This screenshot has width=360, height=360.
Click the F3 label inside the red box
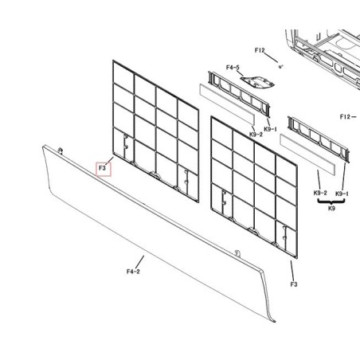102,168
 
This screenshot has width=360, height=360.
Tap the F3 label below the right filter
293,284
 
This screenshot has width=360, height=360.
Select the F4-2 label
133,272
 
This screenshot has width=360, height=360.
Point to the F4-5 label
233,68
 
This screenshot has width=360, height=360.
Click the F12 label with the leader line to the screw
260,50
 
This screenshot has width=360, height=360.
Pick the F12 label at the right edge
345,116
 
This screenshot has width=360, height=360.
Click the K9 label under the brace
331,208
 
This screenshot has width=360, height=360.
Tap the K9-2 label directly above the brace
320,193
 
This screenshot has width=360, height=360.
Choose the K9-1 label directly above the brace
342,194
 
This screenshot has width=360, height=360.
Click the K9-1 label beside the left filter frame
271,129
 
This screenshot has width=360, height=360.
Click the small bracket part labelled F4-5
257,81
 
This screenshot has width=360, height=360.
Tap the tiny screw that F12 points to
280,67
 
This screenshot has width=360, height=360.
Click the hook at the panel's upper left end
61,151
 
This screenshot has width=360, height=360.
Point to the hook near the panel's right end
237,253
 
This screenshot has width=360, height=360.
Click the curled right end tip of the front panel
273,321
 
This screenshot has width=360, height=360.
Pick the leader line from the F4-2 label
139,262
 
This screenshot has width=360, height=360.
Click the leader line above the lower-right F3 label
292,270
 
